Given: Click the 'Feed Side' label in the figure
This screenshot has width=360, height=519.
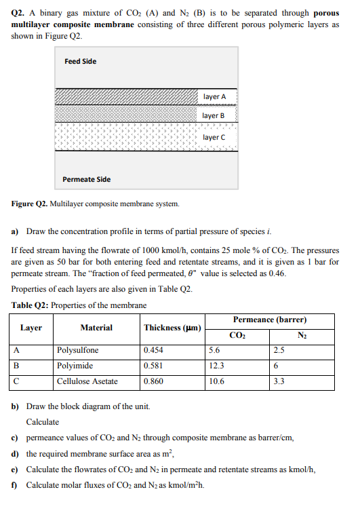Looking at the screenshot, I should click(x=80, y=62).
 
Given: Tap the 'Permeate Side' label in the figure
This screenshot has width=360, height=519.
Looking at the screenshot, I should click(x=86, y=179).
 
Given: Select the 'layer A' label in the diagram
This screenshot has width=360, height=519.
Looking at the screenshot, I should click(x=214, y=97).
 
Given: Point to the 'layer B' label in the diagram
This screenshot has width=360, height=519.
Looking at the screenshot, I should click(x=214, y=116).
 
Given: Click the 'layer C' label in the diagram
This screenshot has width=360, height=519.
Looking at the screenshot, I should click(x=214, y=137).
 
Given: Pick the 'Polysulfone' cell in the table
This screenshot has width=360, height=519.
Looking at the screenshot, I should click(x=77, y=351).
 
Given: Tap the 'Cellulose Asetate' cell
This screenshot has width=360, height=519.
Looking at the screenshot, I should click(x=87, y=381).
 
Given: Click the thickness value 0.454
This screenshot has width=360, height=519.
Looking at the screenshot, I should click(x=153, y=351).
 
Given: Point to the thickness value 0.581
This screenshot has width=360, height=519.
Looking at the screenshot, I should click(x=153, y=366).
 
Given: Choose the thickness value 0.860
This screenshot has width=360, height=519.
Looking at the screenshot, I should click(x=153, y=381).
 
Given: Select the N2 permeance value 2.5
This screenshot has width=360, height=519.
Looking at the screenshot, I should click(x=279, y=351).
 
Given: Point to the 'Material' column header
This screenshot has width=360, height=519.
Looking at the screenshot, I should click(x=96, y=328).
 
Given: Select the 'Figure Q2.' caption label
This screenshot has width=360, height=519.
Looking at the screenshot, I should click(x=31, y=204).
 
